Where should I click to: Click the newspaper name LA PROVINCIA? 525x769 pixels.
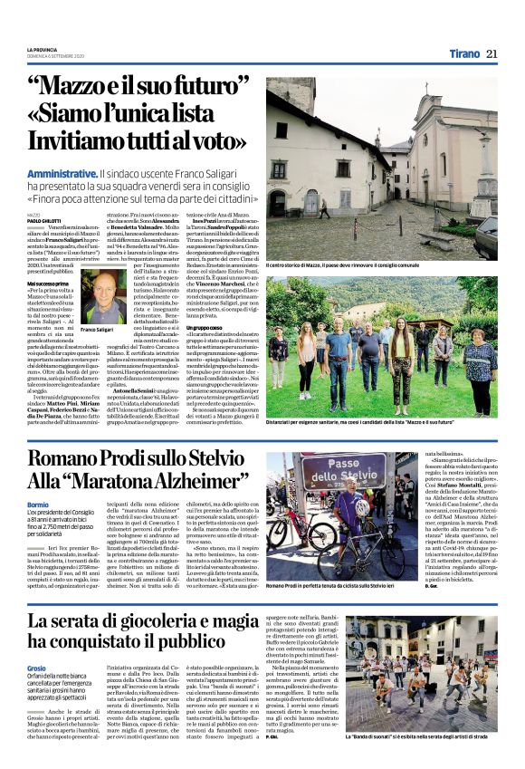tap(43, 49)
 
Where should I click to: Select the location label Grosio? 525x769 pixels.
tap(38, 640)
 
